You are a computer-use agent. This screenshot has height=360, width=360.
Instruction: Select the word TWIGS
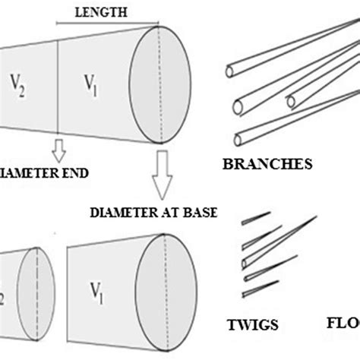(252, 326)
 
